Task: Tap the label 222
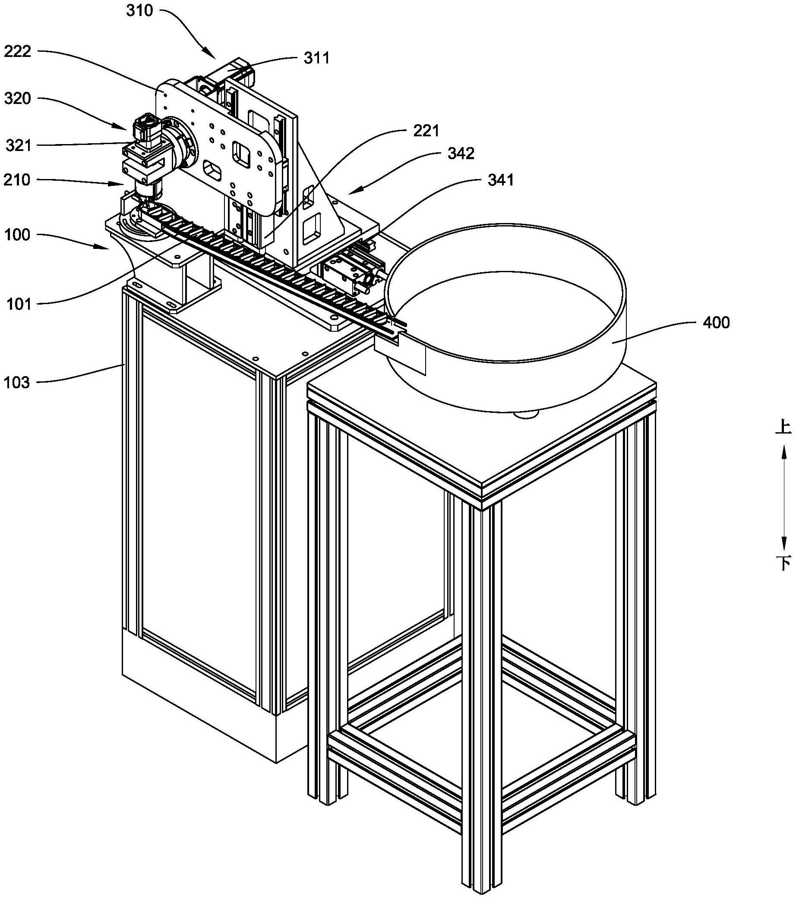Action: (x=18, y=52)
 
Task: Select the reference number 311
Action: (x=317, y=58)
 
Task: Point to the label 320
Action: (x=18, y=98)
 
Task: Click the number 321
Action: (x=19, y=145)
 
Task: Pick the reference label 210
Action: (x=18, y=180)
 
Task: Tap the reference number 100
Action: (x=18, y=235)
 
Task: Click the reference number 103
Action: (x=18, y=383)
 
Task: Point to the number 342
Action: (x=461, y=154)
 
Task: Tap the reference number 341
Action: (x=501, y=179)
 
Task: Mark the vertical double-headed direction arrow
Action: (x=783, y=495)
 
